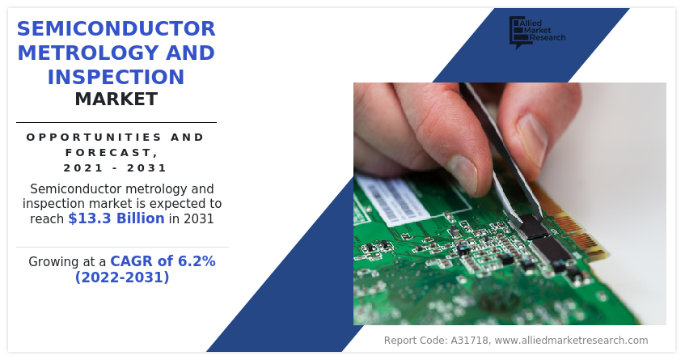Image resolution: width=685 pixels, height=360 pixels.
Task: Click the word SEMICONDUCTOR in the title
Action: (116, 29)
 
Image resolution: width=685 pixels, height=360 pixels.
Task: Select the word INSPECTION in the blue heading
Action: (116, 77)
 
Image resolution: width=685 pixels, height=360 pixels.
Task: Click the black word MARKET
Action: (116, 100)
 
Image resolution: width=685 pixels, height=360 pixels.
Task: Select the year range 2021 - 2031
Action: (116, 167)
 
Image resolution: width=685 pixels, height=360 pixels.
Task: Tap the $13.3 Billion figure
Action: (116, 218)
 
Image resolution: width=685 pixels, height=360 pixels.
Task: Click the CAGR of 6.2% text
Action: (163, 261)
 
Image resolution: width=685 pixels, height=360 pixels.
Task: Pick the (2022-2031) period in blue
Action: (122, 277)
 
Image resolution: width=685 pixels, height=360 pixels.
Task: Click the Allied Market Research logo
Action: (537, 32)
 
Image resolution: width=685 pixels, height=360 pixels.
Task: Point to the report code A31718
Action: (470, 341)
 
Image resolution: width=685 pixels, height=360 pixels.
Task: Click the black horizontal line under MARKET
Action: (116, 123)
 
